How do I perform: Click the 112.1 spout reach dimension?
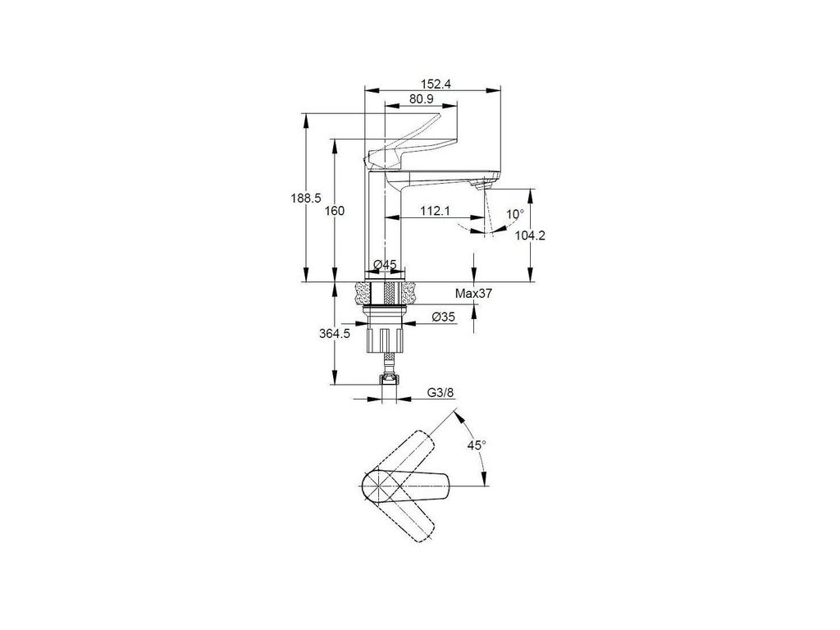(435, 211)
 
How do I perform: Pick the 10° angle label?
(514, 214)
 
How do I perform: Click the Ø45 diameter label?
(385, 264)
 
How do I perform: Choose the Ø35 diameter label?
(443, 317)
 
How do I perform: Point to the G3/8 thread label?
(440, 393)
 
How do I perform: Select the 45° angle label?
(477, 444)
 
